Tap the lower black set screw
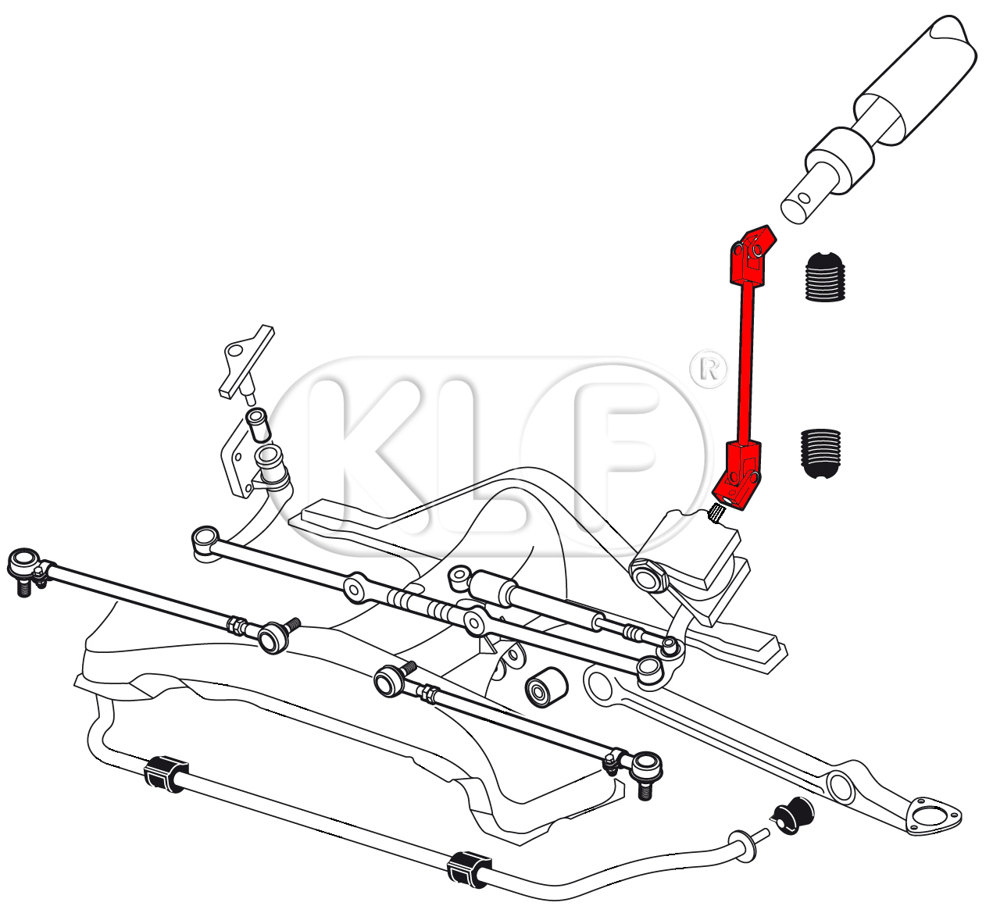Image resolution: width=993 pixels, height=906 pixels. click(821, 454)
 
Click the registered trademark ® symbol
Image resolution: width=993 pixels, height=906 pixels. click(709, 369)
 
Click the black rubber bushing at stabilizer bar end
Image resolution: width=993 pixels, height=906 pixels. click(793, 823)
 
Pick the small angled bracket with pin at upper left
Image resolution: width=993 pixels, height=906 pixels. click(246, 362)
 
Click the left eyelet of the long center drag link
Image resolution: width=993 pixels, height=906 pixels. click(205, 540)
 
